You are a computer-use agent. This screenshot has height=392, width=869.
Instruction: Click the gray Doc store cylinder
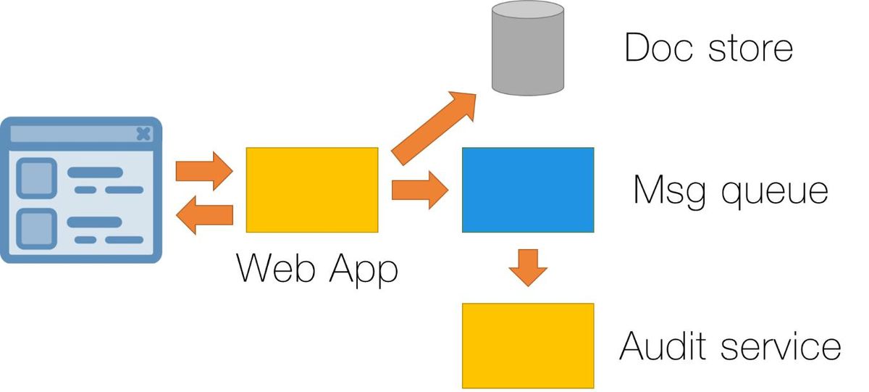[528, 48]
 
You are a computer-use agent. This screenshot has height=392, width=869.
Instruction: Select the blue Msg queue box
[528, 190]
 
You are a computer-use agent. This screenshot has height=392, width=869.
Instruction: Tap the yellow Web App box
[312, 190]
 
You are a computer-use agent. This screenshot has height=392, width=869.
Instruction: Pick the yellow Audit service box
[528, 346]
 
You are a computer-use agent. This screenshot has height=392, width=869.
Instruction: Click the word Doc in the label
[658, 47]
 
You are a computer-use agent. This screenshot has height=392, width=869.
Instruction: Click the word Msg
[669, 192]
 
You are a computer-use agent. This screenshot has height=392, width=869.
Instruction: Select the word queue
[775, 194]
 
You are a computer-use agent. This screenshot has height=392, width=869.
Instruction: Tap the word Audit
[662, 346]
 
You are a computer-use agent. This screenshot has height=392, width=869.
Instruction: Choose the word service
[781, 346]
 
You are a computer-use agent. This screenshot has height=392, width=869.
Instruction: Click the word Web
[275, 268]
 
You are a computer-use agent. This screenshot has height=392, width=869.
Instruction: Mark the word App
[364, 270]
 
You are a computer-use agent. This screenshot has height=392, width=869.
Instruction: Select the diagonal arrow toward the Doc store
[434, 128]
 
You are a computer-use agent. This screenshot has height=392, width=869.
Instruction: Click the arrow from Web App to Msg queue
[420, 190]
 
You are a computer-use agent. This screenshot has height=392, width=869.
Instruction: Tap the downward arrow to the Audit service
[528, 268]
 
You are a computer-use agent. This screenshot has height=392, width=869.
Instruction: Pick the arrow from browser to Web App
[204, 171]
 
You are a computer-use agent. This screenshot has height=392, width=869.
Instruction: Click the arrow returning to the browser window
[204, 215]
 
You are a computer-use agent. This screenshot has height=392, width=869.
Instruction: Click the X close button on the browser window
[143, 134]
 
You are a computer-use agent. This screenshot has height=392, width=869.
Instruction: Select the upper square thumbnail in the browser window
[36, 178]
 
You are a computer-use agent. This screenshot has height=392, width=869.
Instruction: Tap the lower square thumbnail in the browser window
[36, 228]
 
